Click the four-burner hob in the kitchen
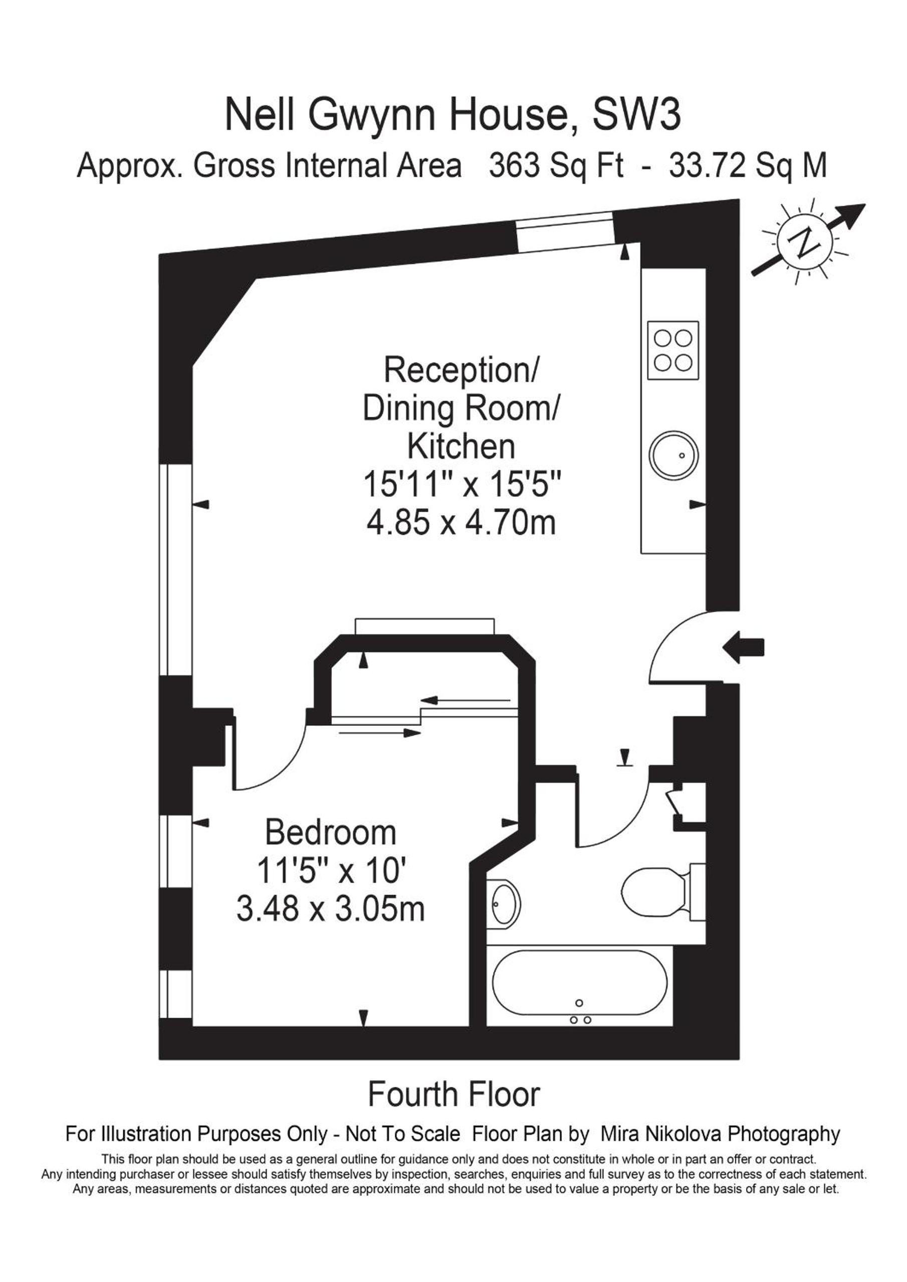click(673, 351)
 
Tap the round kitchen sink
click(673, 454)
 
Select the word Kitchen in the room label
click(461, 446)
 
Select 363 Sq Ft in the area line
click(556, 166)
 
